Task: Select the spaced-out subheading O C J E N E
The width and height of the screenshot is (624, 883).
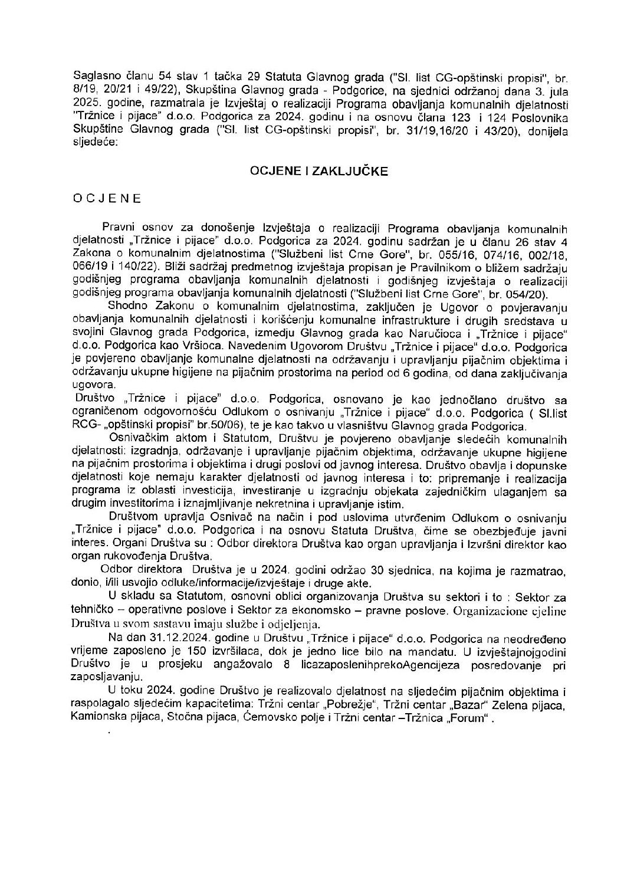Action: [x=107, y=199]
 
